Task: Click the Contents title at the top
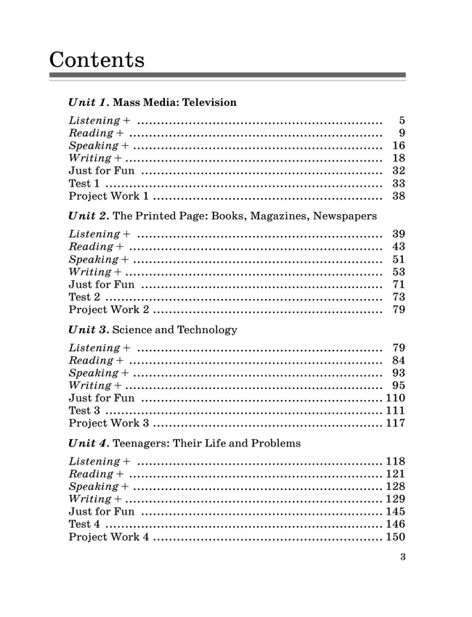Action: tap(97, 59)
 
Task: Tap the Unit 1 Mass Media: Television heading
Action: tap(152, 102)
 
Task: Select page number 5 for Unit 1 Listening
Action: tap(402, 120)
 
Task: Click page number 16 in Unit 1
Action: tap(398, 146)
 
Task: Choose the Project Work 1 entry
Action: tap(109, 196)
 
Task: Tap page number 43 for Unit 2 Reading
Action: tap(398, 247)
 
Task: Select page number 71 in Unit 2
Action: tap(398, 285)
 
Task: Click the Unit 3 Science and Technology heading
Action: tap(152, 330)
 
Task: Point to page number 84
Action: tap(398, 360)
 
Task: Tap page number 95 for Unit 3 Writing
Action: tap(398, 385)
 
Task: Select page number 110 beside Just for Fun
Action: tap(395, 398)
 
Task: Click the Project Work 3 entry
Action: tap(109, 423)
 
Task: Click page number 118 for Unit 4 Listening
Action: tap(395, 462)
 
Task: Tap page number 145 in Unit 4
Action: tap(395, 512)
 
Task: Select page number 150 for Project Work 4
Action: tap(395, 537)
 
